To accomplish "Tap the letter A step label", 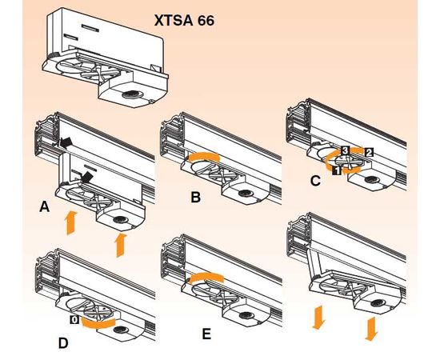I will pos(46,206).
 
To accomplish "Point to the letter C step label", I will pos(315,181).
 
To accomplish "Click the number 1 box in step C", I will pos(337,170).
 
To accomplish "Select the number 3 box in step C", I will pos(345,150).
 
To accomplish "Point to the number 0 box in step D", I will pos(74,319).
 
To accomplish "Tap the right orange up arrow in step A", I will pos(121,244).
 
